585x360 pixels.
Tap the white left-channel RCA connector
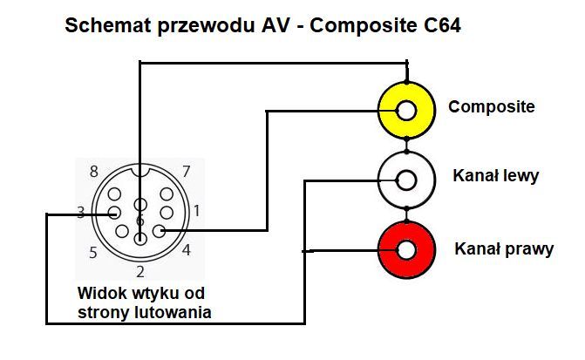(x=405, y=180)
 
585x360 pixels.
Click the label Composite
(x=491, y=107)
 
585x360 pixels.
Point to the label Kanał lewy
(x=495, y=176)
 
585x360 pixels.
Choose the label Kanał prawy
(x=504, y=249)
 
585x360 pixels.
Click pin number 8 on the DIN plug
(x=93, y=171)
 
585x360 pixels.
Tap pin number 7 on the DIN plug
(x=185, y=171)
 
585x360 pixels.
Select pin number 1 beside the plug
(x=197, y=210)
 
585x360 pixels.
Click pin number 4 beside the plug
(x=187, y=250)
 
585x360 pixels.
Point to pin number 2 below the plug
(x=139, y=271)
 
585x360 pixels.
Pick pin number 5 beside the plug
(x=92, y=253)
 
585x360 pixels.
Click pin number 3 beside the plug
(x=80, y=212)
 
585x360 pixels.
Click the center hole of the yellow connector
(x=405, y=111)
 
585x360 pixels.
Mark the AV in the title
(x=272, y=26)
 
